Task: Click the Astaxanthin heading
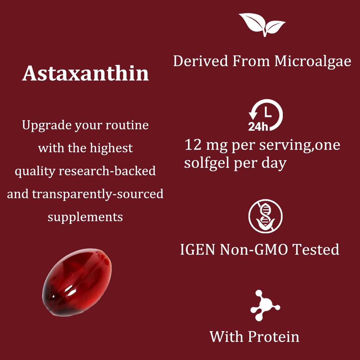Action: click(85, 74)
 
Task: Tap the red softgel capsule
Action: click(77, 281)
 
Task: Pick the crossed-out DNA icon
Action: click(265, 216)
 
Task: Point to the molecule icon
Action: click(264, 305)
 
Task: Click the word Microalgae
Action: click(313, 61)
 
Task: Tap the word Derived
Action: click(200, 61)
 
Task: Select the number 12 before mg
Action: click(193, 145)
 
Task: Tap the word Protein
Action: click(274, 336)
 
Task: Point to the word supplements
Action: click(85, 217)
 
